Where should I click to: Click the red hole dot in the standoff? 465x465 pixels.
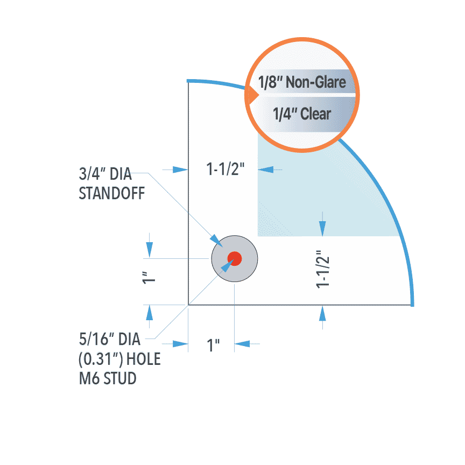pos(235,258)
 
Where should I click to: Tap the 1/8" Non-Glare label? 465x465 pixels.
pos(301,82)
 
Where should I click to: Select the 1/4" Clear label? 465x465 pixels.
pos(301,114)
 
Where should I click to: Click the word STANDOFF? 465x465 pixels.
pos(112,194)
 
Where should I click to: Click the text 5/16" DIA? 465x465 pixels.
pos(109,340)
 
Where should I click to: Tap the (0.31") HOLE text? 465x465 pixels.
pos(119,359)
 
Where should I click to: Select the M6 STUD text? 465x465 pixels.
pos(108,378)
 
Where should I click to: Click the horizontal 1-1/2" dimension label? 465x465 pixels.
pos(226,170)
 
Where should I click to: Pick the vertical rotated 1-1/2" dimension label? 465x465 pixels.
pos(323,268)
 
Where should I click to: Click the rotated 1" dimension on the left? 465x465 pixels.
pos(149,277)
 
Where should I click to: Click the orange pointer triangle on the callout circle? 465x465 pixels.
pos(251,97)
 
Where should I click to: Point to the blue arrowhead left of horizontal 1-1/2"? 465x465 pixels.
pos(181,170)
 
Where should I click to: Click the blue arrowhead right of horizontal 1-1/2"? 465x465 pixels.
pos(265,170)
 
